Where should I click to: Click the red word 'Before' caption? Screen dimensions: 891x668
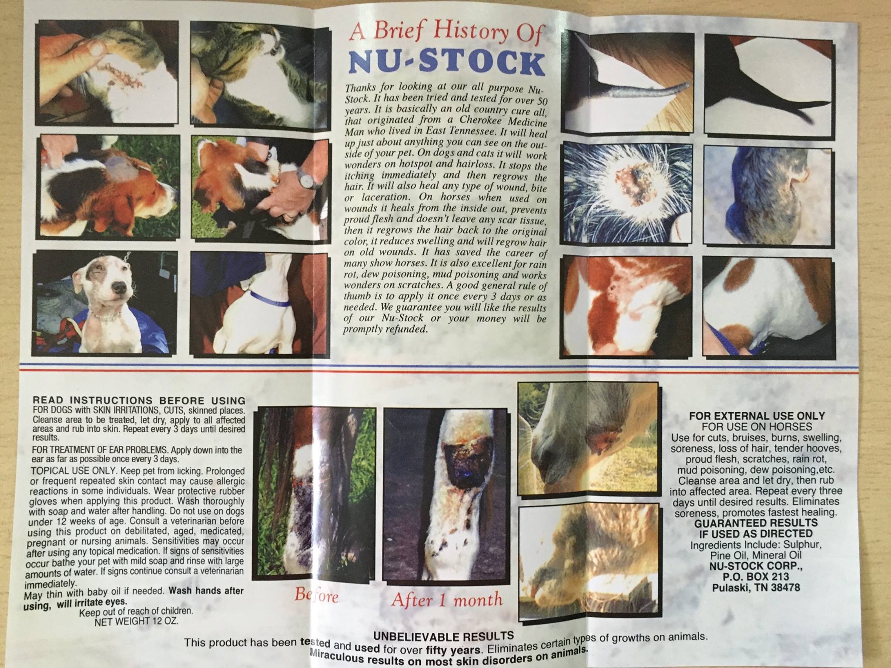coord(316,595)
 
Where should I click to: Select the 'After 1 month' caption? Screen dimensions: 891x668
coord(446,599)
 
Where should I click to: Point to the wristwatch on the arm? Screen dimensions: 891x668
coord(306,178)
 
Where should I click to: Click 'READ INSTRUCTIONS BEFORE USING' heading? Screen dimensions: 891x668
coord(139,400)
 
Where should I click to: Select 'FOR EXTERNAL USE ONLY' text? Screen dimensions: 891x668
coord(757,416)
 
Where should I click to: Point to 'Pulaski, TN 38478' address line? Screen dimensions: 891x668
coord(756,588)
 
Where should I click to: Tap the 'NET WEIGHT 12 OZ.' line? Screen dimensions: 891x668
coord(136,621)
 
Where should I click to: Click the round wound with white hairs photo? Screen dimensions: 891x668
coord(627,193)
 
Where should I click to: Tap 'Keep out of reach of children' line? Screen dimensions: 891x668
coord(136,611)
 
